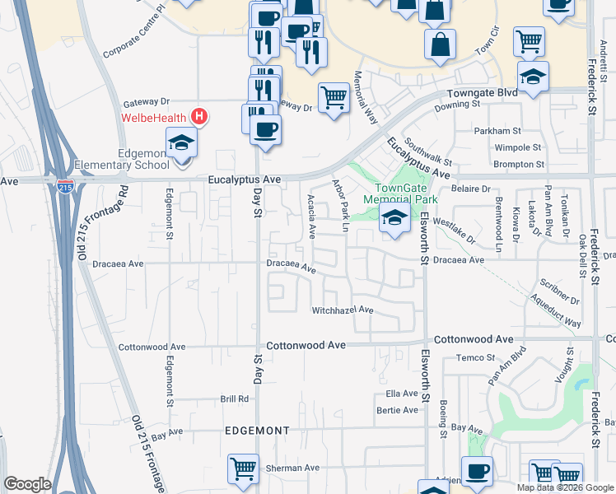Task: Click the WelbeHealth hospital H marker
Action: coord(198,117)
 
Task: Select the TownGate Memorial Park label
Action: coord(399,193)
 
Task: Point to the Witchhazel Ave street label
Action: coord(343,310)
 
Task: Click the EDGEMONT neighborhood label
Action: coord(258,431)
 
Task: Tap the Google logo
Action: coord(27,484)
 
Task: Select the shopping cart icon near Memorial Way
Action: coord(334,98)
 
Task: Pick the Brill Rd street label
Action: coord(234,398)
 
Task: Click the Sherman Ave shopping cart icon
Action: coord(244,470)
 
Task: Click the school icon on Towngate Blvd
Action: coord(533,77)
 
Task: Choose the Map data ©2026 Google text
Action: coord(564,487)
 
